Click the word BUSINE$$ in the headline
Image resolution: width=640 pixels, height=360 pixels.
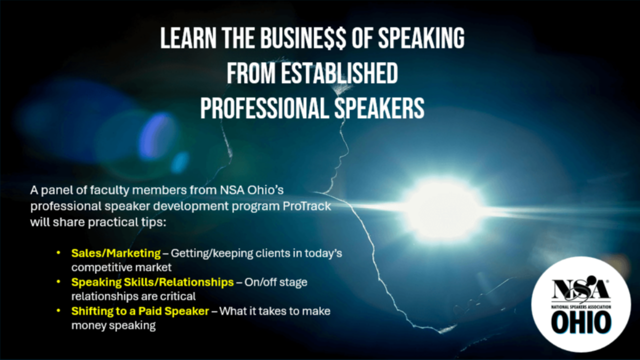(x=303, y=38)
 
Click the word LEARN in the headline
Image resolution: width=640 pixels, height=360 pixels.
(x=188, y=38)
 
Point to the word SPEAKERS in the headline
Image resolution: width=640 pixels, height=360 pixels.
(x=379, y=108)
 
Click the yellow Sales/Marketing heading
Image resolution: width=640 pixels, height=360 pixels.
(x=116, y=253)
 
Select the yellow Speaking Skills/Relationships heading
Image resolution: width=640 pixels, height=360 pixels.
(x=152, y=282)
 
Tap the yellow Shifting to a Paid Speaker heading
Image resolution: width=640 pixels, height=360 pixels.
(x=140, y=311)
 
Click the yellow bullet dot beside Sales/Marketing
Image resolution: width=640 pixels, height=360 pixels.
(x=58, y=253)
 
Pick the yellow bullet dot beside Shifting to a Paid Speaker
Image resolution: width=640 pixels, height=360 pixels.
(x=58, y=310)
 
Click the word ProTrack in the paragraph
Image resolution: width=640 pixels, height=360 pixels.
(x=307, y=206)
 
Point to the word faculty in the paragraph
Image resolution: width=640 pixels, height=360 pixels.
(x=109, y=190)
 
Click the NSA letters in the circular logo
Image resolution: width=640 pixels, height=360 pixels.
(x=580, y=289)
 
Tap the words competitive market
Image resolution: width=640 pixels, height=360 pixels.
(x=121, y=267)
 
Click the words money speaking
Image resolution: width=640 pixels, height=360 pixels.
(x=113, y=325)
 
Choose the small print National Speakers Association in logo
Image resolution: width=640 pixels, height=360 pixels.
(x=581, y=307)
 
